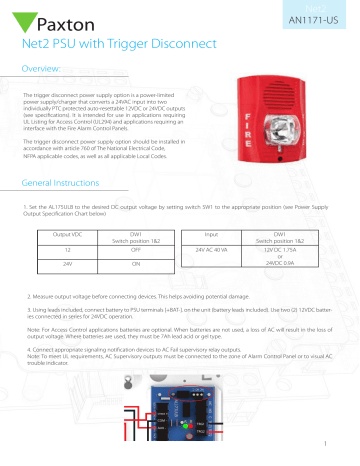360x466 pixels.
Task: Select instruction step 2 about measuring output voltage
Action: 120,299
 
